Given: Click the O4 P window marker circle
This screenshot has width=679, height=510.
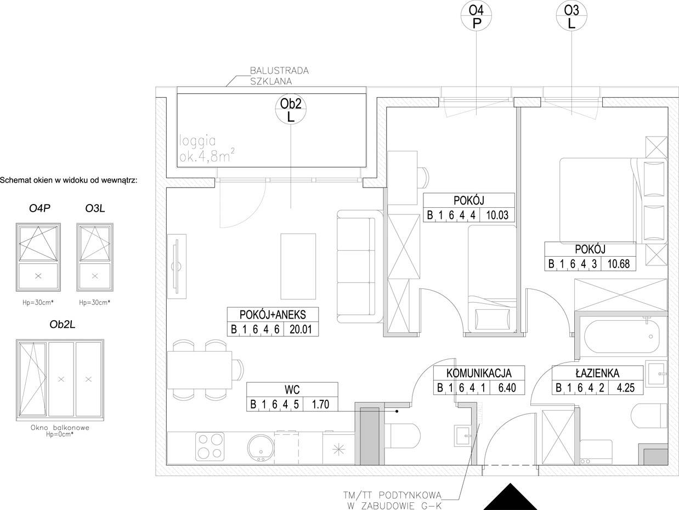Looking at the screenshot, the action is (476, 15).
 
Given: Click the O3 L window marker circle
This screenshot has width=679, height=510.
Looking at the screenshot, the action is (572, 15).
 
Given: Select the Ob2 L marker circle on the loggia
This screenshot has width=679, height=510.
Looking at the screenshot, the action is (291, 109).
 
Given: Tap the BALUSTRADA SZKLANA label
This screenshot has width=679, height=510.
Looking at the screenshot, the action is (279, 76).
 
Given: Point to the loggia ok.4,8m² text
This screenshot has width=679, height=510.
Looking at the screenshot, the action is (207, 149).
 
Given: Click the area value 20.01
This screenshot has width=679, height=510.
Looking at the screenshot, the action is (301, 330).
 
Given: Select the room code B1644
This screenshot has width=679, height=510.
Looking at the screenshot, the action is (451, 215).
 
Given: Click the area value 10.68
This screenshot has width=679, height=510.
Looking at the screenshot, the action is (618, 264).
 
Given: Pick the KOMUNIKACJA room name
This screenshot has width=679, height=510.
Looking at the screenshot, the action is (479, 373).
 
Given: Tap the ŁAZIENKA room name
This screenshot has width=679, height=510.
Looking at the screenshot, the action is (597, 373).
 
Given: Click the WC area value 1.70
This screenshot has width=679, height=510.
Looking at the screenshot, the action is (320, 404).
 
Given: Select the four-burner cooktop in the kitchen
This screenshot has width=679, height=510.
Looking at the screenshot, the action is (210, 447).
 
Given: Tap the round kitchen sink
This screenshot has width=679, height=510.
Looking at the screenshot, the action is (261, 448).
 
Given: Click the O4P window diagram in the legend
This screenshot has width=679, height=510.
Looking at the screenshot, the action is (38, 257).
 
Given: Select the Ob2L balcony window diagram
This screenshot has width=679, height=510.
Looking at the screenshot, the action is (60, 380).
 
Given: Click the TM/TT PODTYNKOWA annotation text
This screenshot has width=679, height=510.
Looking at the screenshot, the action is (392, 495).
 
